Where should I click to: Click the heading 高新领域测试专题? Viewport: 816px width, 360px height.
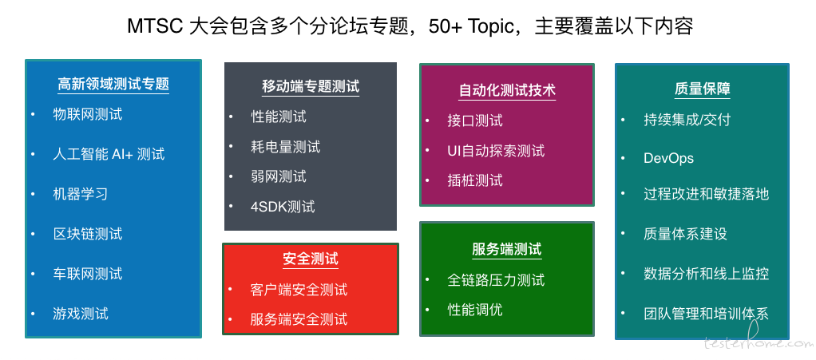113,85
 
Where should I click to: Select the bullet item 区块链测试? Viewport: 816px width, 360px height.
88,234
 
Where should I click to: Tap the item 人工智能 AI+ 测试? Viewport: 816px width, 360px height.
109,154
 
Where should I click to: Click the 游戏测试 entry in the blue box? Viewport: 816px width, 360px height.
81,313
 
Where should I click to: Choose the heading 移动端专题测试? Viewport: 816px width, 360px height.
311,86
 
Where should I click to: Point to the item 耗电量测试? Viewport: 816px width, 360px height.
285,147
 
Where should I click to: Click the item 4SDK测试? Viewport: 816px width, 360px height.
283,207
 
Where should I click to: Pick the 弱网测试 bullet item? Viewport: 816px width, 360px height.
279,176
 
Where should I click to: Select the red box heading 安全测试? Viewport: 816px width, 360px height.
311,259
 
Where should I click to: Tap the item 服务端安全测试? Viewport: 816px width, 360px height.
299,318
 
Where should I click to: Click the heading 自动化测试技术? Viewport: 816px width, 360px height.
507,90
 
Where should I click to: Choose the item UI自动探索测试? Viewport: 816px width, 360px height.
496,151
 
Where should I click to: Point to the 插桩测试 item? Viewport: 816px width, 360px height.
475,180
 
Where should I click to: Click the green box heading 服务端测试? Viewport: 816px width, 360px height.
507,249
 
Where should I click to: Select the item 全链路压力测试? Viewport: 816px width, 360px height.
496,280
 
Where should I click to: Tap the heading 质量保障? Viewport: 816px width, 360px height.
703,89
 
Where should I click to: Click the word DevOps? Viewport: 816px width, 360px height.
669,158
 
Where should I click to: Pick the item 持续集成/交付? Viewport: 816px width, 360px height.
687,120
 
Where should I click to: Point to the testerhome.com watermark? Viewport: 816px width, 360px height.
758,343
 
